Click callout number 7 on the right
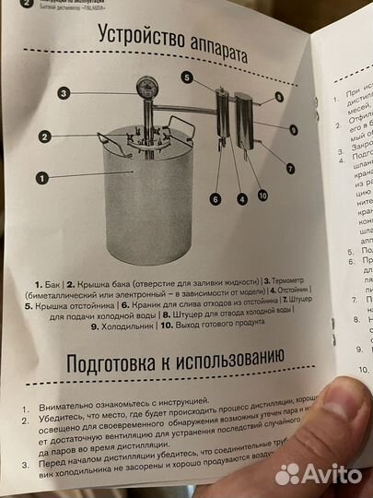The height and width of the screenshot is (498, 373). tap(290, 168)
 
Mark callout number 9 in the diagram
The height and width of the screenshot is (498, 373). tap(293, 130)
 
